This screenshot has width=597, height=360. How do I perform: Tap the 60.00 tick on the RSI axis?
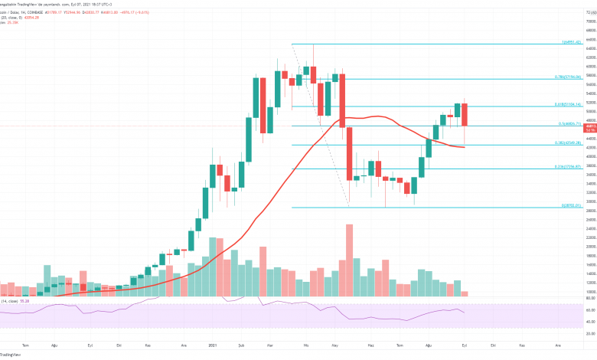(590, 310)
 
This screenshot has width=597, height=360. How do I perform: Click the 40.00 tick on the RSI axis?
(590, 322)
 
